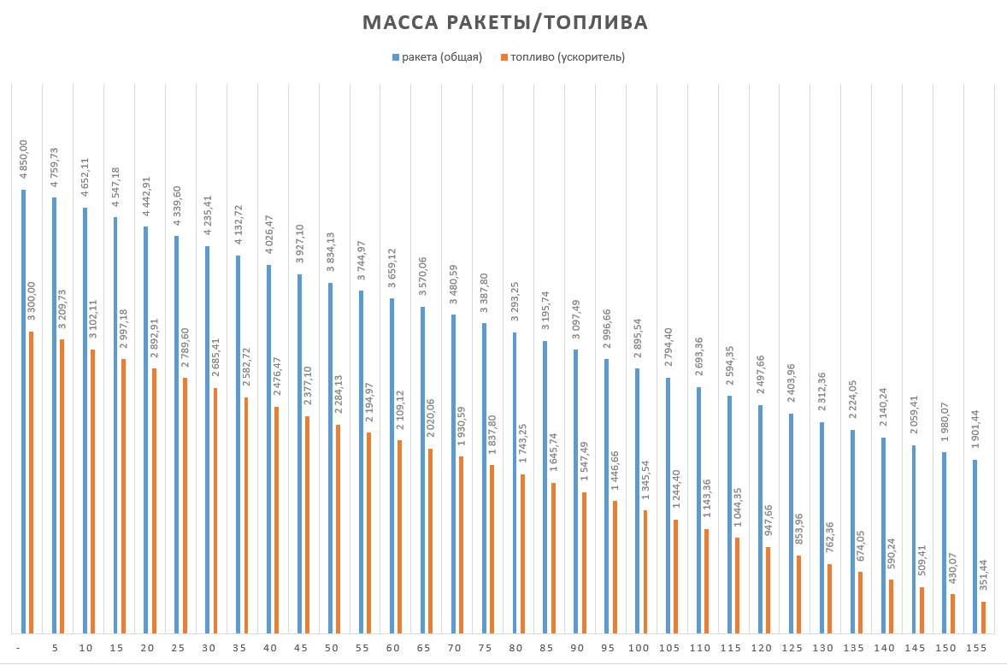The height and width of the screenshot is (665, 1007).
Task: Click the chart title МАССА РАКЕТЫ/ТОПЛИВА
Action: point(504,22)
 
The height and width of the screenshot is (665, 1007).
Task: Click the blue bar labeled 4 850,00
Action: point(23,411)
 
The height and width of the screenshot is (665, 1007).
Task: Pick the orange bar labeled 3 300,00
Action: point(31,482)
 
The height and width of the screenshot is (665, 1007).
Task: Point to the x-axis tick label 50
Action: point(331,649)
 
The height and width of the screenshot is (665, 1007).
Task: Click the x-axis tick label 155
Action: point(975,649)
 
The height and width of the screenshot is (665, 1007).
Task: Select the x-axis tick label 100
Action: point(638,649)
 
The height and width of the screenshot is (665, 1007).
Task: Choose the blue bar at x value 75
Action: point(484,478)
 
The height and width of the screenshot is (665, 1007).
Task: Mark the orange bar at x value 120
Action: point(768,590)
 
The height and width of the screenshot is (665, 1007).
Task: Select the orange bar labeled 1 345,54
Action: point(645,572)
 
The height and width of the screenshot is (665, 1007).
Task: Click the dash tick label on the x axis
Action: point(18,649)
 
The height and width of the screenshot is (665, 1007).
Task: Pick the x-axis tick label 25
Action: point(178,649)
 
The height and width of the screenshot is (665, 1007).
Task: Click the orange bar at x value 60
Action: point(399,537)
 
